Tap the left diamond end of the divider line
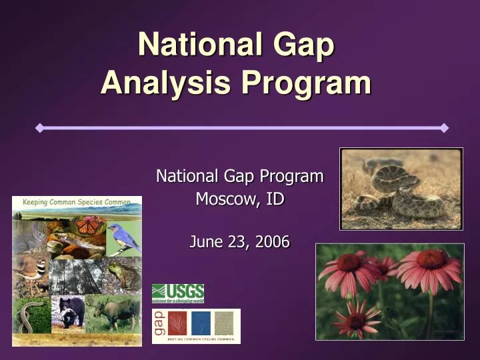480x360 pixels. click(x=39, y=127)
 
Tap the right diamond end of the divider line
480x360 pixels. click(x=444, y=127)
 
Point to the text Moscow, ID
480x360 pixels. click(x=239, y=199)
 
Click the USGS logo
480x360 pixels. click(x=178, y=293)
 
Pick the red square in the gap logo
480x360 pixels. click(x=177, y=323)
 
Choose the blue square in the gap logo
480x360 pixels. click(x=201, y=323)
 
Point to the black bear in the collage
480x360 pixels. click(x=69, y=311)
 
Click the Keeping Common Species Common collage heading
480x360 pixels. click(x=77, y=201)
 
